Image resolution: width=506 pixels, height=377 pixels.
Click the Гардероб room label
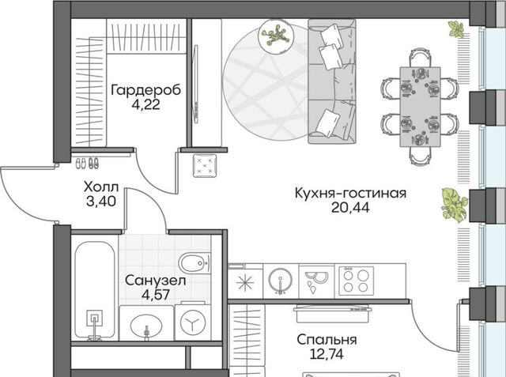pos(145,90)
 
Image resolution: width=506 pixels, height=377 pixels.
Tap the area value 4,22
pos(145,104)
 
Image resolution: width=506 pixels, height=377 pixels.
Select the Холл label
pos(101,187)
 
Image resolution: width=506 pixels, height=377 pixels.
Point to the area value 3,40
pos(101,202)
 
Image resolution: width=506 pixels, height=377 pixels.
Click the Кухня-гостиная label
pos(350,193)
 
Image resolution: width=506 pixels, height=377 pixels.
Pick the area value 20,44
pos(350,208)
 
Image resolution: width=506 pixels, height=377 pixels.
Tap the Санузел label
pos(155,281)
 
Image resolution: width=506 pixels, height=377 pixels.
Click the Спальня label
pos(327,340)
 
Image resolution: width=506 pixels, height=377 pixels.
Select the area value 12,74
pos(327,354)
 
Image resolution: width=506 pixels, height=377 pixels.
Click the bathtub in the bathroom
pos(95,290)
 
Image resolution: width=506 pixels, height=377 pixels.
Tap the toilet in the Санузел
pos(194,263)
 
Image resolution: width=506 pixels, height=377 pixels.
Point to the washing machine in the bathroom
pos(193,322)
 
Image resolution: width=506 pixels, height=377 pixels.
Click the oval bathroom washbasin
pos(146,326)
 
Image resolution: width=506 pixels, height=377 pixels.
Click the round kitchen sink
pos(281,281)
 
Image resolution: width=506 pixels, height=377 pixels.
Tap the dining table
pos(420,107)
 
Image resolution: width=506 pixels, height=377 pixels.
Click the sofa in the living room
pos(332,81)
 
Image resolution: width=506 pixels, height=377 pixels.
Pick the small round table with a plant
pos(276,35)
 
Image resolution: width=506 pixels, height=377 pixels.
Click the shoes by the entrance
pos(87,163)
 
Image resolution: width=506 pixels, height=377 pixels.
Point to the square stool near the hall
pos(205,166)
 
